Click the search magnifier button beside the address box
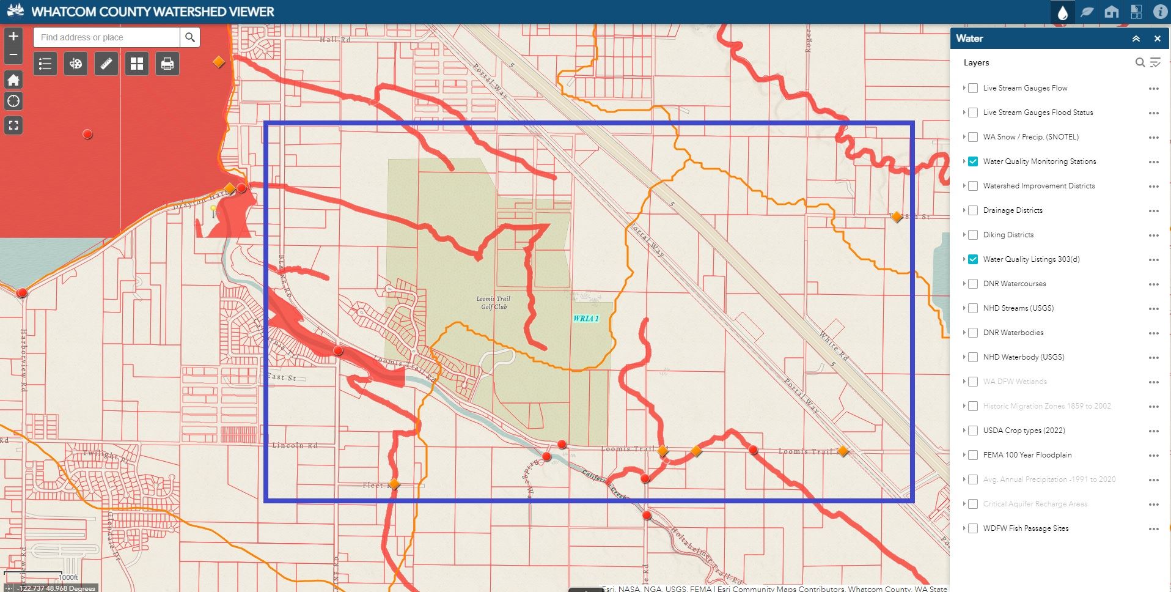click(x=190, y=37)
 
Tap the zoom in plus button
click(x=13, y=36)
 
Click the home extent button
click(x=13, y=80)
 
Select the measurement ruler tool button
click(x=106, y=64)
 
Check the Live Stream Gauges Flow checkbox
click(x=973, y=88)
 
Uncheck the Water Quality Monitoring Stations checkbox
click(x=973, y=161)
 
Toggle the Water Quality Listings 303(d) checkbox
click(x=973, y=259)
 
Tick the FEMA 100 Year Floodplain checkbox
click(x=973, y=455)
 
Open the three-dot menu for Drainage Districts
click(x=1153, y=211)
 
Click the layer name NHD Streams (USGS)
click(x=1018, y=308)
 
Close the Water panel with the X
click(x=1157, y=39)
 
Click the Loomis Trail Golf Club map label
click(x=493, y=302)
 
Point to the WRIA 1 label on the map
click(x=585, y=318)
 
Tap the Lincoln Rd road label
click(x=295, y=445)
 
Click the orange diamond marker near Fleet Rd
click(x=394, y=484)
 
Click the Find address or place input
click(x=107, y=37)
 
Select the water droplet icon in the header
click(x=1062, y=12)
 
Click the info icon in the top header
click(x=1160, y=12)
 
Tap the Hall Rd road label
click(x=335, y=39)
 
